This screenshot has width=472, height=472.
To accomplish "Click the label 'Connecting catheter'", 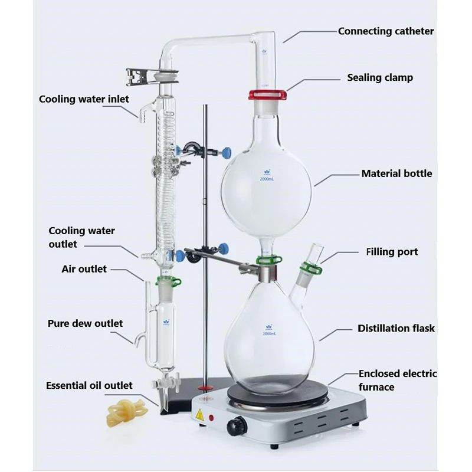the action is (x=385, y=31).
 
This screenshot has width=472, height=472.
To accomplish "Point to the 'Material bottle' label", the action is (x=396, y=173).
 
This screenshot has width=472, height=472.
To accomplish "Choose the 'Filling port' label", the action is (x=392, y=252).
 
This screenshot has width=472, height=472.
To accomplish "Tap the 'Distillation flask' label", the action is (x=396, y=328).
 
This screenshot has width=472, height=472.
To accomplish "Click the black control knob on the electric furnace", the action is (x=239, y=424).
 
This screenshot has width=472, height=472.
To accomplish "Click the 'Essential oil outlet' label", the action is (x=89, y=386).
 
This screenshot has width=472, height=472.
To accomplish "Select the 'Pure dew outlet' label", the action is (x=85, y=323).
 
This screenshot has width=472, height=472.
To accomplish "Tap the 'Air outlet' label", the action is (x=84, y=269).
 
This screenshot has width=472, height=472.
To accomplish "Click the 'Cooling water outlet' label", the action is (x=81, y=237).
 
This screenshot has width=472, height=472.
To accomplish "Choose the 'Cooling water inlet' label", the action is (x=84, y=99).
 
